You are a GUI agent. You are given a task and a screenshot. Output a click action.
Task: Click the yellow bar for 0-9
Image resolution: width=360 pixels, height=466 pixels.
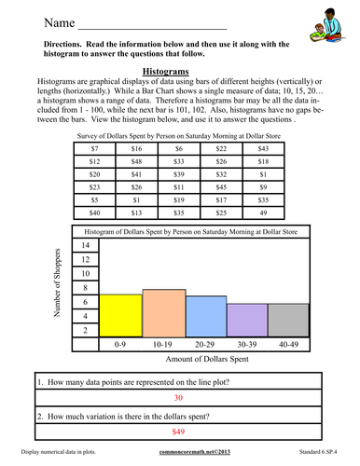(120, 319)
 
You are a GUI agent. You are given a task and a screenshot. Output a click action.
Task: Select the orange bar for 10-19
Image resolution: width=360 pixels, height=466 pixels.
(163, 316)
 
